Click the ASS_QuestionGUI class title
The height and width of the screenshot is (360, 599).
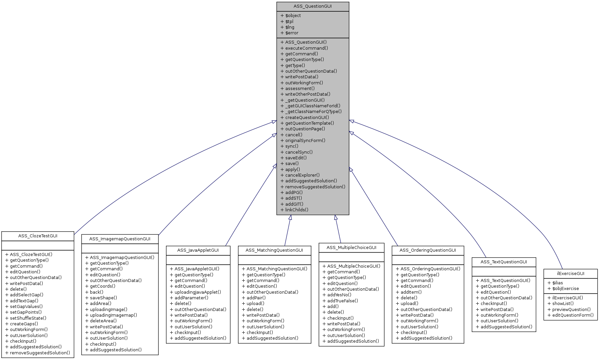click(x=312, y=6)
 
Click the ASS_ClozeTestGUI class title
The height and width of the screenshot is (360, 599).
click(x=38, y=236)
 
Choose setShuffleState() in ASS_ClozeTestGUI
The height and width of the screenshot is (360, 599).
click(x=28, y=318)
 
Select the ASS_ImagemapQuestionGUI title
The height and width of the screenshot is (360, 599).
click(x=120, y=239)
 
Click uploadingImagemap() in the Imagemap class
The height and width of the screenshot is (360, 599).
click(x=113, y=315)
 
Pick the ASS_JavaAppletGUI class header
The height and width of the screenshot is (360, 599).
click(x=198, y=250)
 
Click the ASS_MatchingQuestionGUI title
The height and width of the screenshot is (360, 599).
click(x=274, y=250)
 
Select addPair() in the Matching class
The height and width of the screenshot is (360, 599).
click(x=256, y=298)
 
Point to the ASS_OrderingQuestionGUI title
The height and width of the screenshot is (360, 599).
click(x=428, y=250)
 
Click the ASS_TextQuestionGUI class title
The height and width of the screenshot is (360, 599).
click(x=504, y=262)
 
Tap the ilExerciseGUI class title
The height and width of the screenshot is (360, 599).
click(x=570, y=273)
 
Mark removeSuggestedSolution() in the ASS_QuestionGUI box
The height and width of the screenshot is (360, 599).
click(x=315, y=187)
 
